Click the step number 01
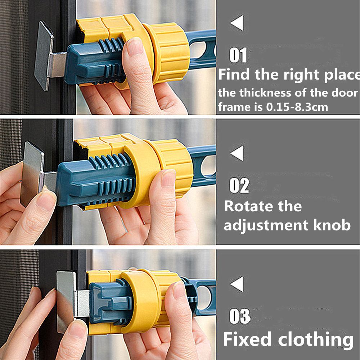239,56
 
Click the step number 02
239,186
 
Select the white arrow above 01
237,24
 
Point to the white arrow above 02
237,154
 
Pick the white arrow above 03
237,284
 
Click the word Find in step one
235,75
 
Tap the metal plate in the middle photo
32,173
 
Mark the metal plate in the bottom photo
66,301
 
